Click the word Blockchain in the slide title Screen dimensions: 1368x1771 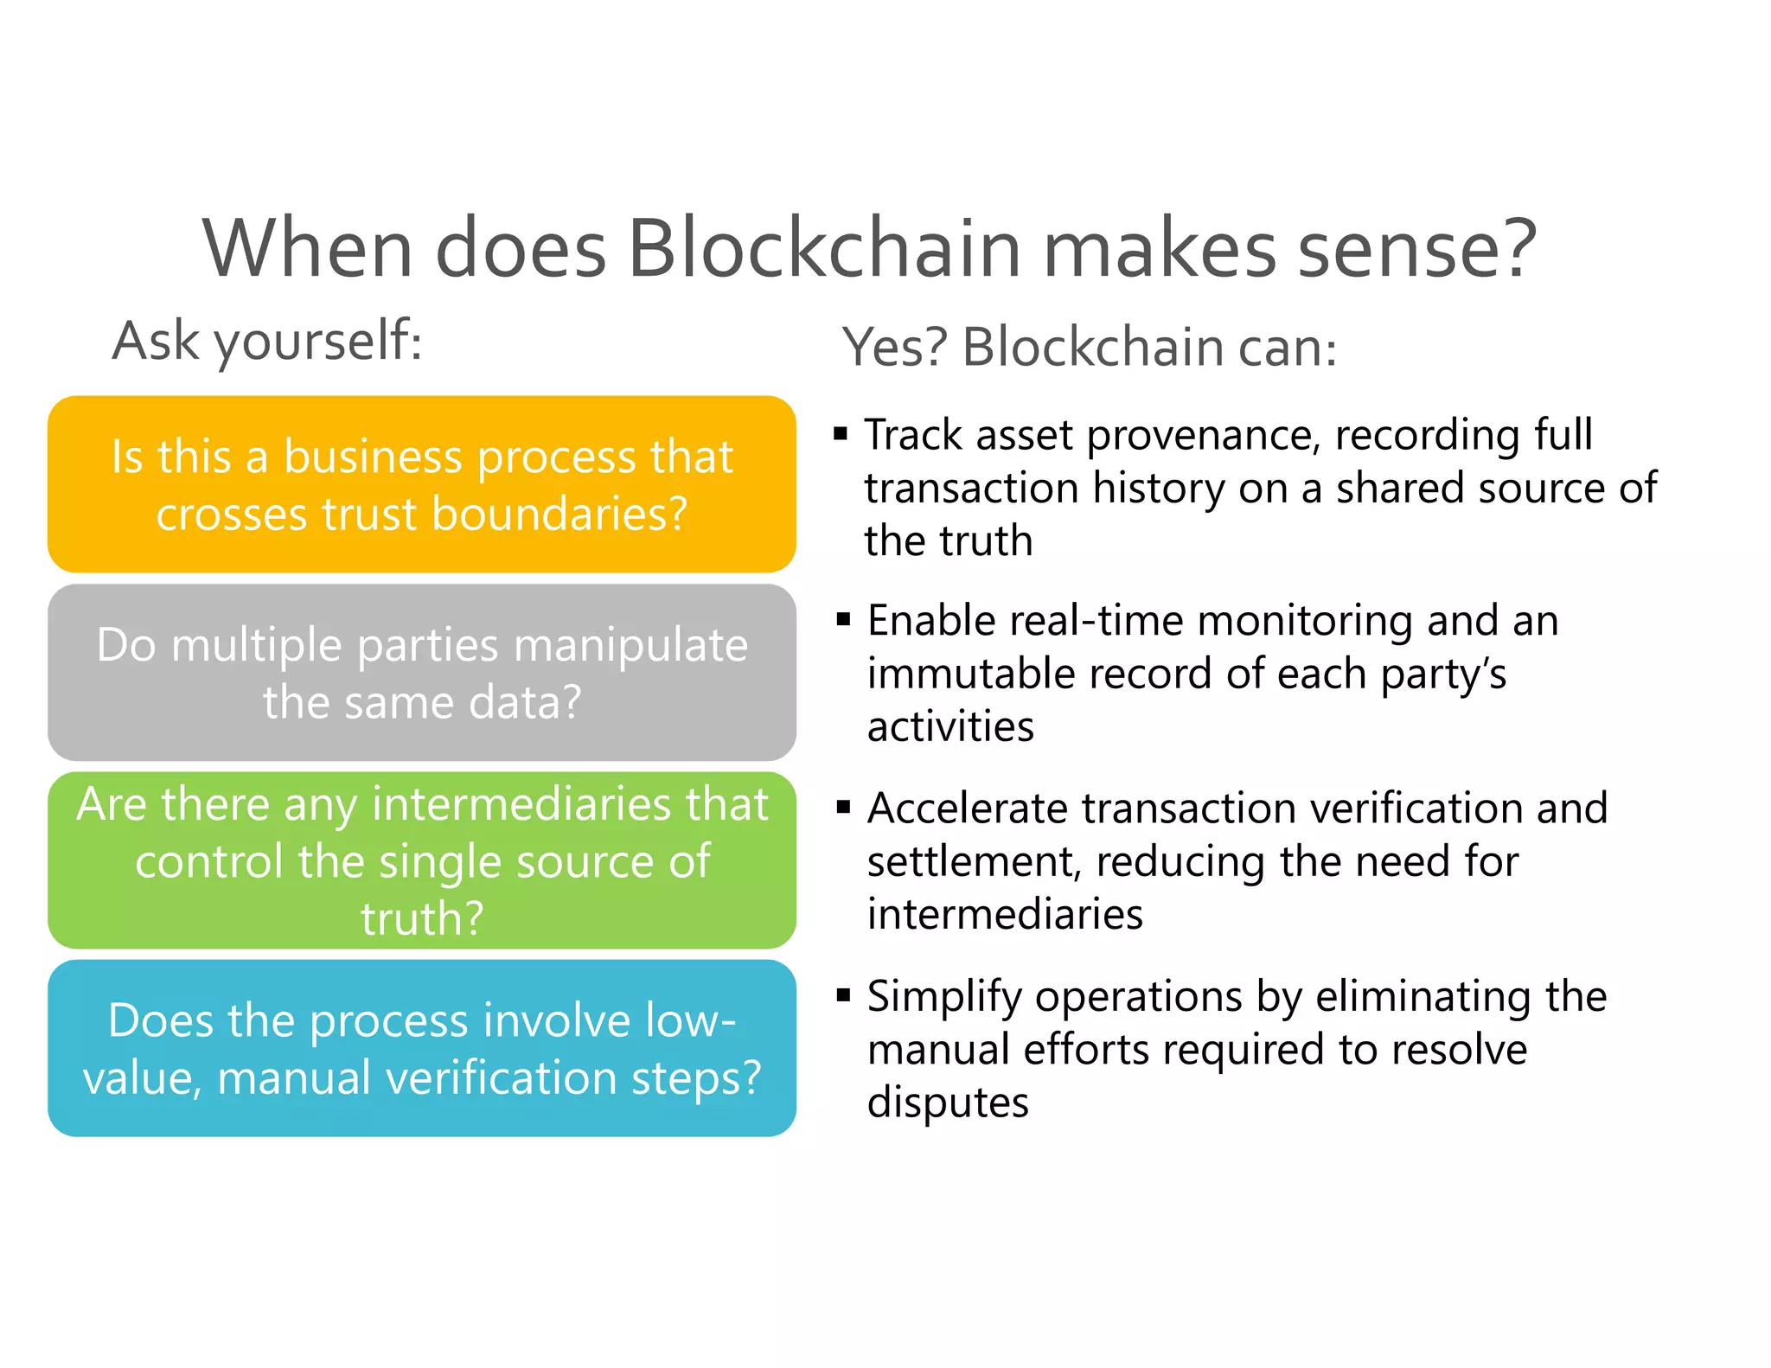click(x=825, y=249)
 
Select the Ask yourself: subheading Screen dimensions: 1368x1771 click(x=267, y=342)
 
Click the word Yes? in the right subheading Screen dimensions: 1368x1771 click(x=895, y=348)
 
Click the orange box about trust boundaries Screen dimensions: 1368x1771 click(x=421, y=484)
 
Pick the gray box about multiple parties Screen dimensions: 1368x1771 click(x=421, y=673)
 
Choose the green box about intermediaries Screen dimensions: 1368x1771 click(x=421, y=860)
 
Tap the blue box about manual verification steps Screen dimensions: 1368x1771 click(x=421, y=1048)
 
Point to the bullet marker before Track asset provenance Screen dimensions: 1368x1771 click(x=841, y=433)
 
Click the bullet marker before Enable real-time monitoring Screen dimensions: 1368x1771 click(x=843, y=619)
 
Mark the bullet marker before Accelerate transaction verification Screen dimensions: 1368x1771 click(x=843, y=808)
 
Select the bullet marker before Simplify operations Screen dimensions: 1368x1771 click(x=843, y=995)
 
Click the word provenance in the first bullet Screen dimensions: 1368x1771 click(x=1203, y=436)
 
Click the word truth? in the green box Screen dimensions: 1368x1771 click(x=421, y=918)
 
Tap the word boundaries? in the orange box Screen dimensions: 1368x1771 click(x=559, y=515)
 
